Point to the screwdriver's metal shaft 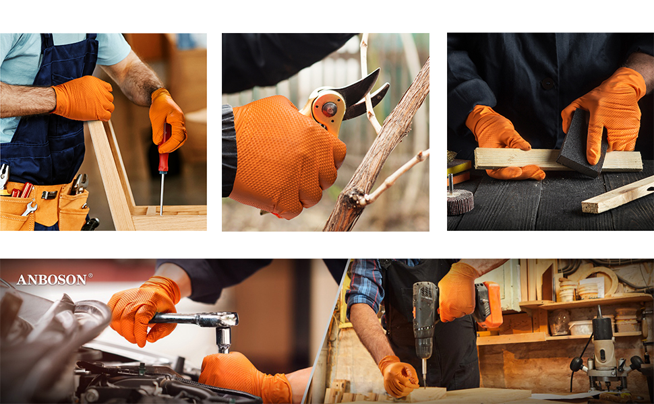(161, 194)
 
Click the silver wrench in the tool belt (29, 208)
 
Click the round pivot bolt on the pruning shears (329, 110)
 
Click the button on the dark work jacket (547, 84)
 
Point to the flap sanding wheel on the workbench (460, 201)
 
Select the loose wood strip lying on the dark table (618, 195)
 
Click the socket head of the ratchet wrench (224, 339)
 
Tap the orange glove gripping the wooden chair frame (84, 98)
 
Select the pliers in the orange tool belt (80, 184)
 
